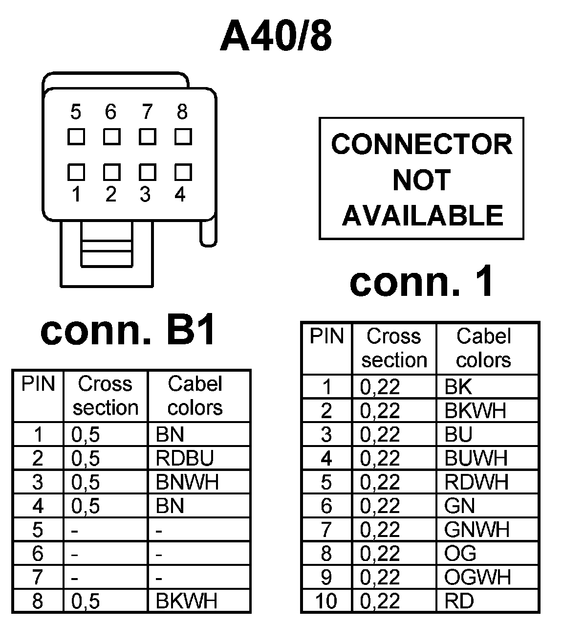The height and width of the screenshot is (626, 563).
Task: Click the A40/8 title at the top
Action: [x=276, y=37]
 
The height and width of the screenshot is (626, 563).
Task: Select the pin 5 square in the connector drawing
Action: [x=76, y=136]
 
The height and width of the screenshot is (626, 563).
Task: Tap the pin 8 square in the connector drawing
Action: [x=183, y=136]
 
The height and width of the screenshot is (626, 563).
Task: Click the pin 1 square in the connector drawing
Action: [x=76, y=172]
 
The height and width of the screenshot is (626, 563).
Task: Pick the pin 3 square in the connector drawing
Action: [x=147, y=172]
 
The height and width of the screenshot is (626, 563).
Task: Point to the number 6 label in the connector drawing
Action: [x=111, y=112]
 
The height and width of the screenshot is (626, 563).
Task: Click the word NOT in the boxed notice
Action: [x=421, y=180]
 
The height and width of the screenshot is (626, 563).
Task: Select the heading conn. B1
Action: [x=129, y=331]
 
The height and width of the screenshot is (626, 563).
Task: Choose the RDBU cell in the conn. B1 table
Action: [x=185, y=458]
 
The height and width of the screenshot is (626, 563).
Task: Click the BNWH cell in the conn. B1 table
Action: [x=187, y=482]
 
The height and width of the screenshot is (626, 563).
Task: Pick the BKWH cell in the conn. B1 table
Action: [x=186, y=601]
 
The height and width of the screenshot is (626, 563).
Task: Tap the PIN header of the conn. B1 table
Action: [x=38, y=384]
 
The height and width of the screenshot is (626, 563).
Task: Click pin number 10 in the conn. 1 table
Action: [x=326, y=601]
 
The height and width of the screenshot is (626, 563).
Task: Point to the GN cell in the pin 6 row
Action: [x=459, y=506]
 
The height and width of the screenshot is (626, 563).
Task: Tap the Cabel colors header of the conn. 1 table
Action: [x=483, y=348]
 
